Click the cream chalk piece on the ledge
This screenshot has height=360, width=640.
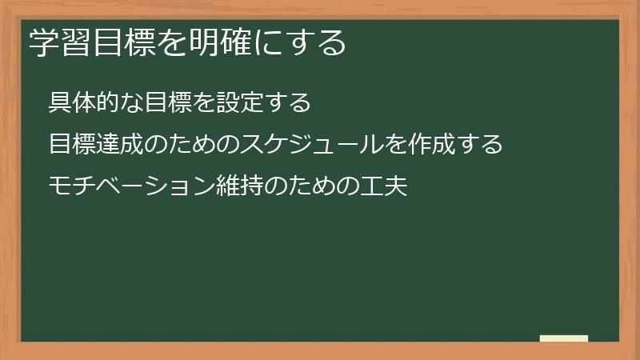[564, 338]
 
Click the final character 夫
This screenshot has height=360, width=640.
[392, 186]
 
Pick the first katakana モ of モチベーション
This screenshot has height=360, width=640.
[58, 186]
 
